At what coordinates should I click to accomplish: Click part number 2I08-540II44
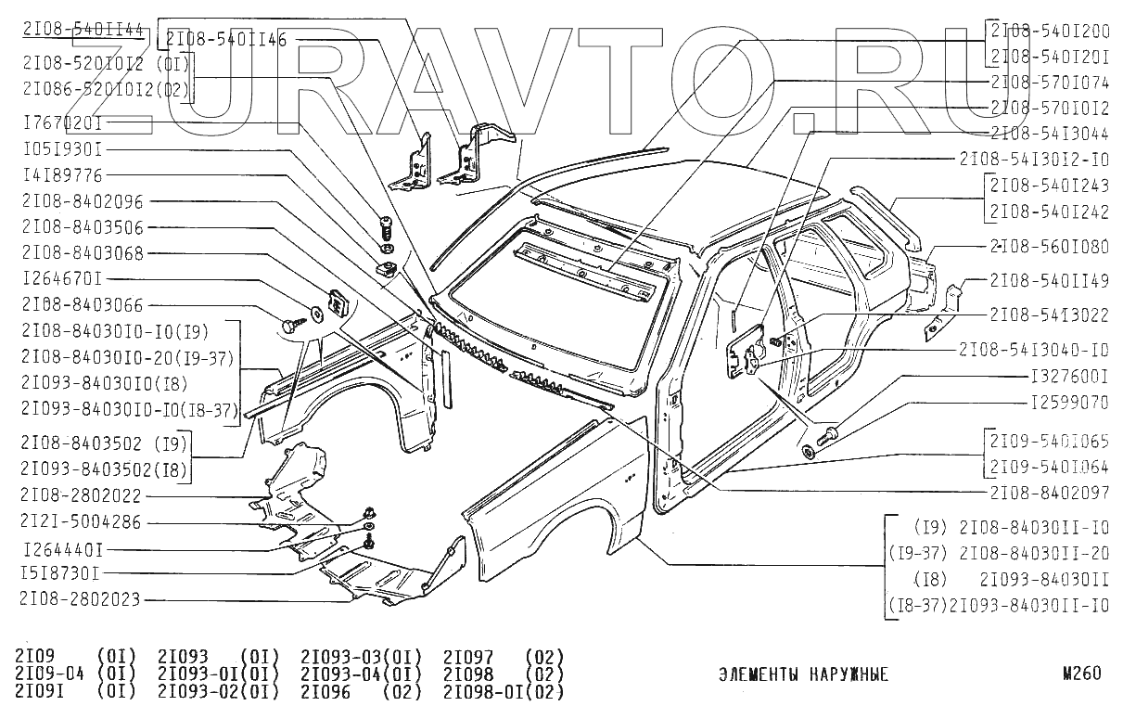[82, 30]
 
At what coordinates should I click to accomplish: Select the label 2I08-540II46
[225, 39]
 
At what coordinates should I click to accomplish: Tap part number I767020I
[62, 122]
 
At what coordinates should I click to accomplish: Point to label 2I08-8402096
[83, 201]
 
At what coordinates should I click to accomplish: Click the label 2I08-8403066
[83, 304]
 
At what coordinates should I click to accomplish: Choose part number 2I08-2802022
[82, 495]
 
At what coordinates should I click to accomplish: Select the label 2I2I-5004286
[82, 521]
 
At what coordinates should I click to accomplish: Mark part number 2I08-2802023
[82, 599]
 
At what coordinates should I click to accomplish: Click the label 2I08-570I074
[1049, 82]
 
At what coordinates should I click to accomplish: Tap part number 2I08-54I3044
[1049, 133]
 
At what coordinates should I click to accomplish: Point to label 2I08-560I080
[1049, 247]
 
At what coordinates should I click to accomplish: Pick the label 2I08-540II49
[1049, 280]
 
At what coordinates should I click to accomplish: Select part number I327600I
[1069, 379]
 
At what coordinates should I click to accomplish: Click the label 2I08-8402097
[1049, 493]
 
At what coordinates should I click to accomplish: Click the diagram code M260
[1081, 674]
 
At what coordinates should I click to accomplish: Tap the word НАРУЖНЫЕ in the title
[846, 674]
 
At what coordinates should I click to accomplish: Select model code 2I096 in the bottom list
[328, 691]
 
